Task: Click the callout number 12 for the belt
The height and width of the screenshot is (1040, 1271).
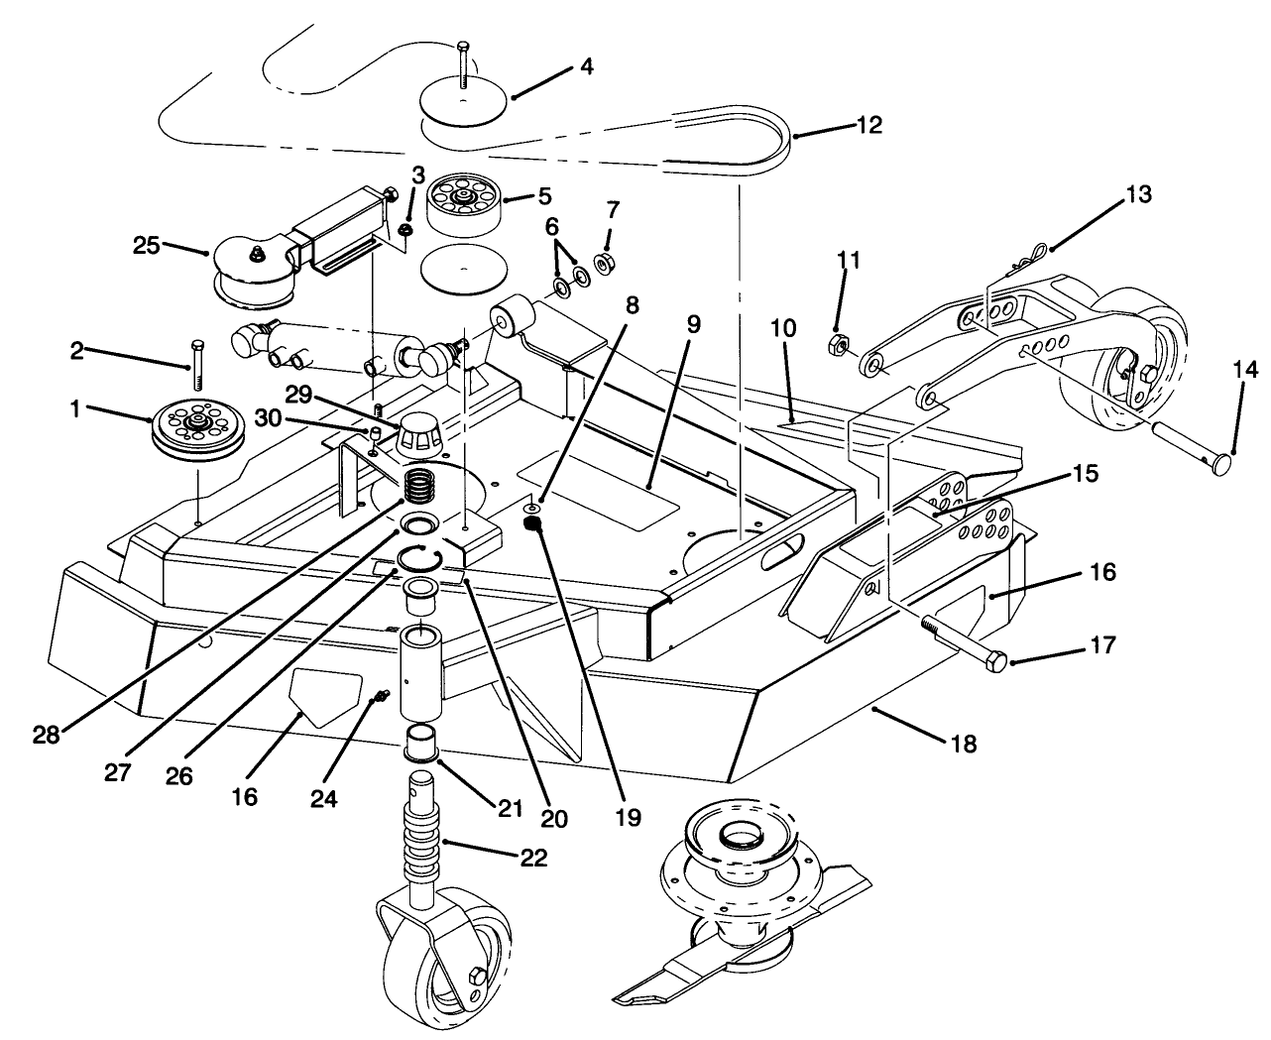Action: tap(868, 126)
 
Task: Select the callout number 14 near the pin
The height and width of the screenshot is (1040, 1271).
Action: tap(1243, 371)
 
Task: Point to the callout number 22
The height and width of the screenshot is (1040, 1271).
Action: tap(533, 858)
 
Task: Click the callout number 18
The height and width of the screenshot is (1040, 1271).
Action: tap(963, 743)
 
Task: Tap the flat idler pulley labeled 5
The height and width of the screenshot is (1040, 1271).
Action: tap(463, 203)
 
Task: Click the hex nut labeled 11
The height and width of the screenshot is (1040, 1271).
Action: tap(837, 346)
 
